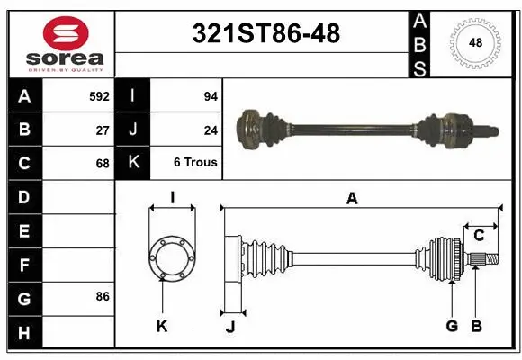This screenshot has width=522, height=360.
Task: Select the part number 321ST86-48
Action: coord(267,34)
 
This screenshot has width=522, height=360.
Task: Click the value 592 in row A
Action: coord(100,95)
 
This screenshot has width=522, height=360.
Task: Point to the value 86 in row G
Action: coord(103,296)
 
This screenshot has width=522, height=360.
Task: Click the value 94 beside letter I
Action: coord(211,95)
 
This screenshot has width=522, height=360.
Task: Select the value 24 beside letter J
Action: coord(211,130)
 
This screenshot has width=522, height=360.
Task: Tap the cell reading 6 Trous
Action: coord(195,164)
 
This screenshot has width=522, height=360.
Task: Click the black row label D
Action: coord(23,197)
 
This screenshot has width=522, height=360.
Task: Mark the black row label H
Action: coord(23,333)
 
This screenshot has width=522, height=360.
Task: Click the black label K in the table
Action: coord(133,164)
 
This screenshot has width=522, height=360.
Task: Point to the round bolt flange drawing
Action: coord(171,258)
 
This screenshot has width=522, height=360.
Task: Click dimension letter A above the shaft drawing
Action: coord(352,199)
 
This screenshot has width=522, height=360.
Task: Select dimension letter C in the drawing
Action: coord(479,236)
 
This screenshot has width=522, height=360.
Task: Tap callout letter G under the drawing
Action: coord(452,326)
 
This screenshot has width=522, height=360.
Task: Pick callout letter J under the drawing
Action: coord(230,327)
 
